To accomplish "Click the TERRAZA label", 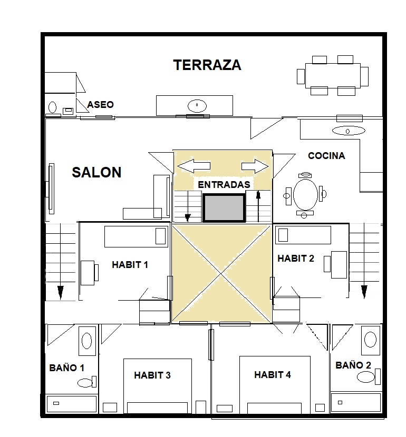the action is click(207, 65).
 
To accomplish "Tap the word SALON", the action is click(96, 172).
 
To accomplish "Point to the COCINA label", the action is click(326, 155).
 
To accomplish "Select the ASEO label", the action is click(101, 105).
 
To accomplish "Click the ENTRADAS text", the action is click(224, 184).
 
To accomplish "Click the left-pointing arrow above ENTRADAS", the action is click(194, 166).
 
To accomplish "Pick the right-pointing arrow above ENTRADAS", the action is click(255, 166).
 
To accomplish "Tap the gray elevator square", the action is click(224, 208).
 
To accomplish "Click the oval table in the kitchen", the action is click(305, 194).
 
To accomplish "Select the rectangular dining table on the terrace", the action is click(333, 75).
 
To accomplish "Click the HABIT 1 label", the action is click(130, 264).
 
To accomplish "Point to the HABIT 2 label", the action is click(296, 259).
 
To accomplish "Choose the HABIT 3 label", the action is click(152, 375).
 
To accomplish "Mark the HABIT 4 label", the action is click(273, 374).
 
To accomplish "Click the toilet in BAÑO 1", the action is click(87, 382).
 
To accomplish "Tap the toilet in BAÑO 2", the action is click(369, 377).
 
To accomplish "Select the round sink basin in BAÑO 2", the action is click(371, 340).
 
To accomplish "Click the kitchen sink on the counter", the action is click(349, 131).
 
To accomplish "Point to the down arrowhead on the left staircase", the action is click(61, 292).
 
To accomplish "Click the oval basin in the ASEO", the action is click(52, 107).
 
